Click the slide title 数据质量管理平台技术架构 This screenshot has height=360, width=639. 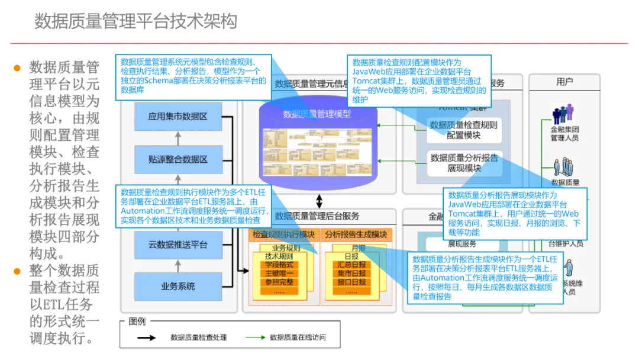coord(135,21)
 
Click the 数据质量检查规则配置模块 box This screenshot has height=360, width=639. coord(464,130)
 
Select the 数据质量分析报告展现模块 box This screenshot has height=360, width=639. coord(464,163)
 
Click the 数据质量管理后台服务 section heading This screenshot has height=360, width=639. coord(317,216)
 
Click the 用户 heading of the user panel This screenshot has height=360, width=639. coord(564,82)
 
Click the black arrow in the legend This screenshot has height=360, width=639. coord(146,337)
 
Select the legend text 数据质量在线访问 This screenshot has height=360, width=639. coord(298,337)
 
